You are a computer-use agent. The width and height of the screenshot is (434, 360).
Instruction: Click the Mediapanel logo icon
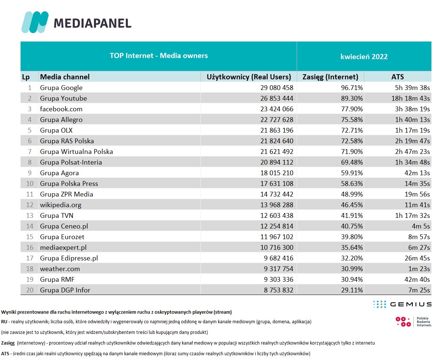click(x=35, y=22)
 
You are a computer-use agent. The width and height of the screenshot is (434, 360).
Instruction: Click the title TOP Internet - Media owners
click(x=159, y=56)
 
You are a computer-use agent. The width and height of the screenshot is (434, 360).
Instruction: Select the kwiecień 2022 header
click(x=364, y=57)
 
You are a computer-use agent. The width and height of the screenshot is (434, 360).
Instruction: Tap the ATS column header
click(x=397, y=77)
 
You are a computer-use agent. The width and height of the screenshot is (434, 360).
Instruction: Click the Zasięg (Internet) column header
click(x=330, y=77)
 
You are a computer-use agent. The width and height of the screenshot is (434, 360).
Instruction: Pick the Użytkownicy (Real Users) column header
click(x=249, y=77)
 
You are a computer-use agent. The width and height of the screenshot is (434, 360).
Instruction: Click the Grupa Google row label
click(x=61, y=88)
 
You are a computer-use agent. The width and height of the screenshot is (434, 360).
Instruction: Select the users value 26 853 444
click(x=273, y=98)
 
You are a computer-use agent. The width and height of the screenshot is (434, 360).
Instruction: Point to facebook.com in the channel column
click(x=61, y=109)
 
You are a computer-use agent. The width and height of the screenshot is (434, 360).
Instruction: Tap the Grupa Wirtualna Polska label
click(x=76, y=152)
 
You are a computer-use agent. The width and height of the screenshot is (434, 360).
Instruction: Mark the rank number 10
click(x=30, y=184)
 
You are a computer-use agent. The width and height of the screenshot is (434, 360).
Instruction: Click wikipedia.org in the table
click(x=61, y=205)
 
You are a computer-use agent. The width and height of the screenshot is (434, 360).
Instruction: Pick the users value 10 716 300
click(x=273, y=248)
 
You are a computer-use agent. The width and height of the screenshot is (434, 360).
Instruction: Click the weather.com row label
click(x=60, y=269)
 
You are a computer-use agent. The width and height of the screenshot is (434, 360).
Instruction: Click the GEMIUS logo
click(x=402, y=304)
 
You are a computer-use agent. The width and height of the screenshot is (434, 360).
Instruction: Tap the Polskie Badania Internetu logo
click(x=413, y=322)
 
